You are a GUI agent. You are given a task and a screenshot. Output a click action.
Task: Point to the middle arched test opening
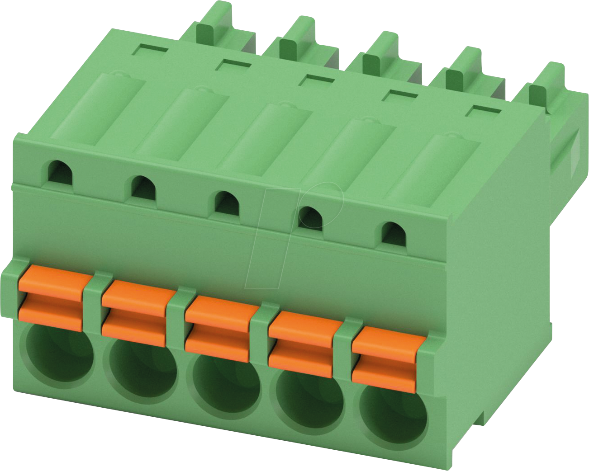pyautogui.click(x=227, y=203)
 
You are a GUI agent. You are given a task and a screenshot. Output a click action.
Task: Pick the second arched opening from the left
pyautogui.click(x=143, y=188)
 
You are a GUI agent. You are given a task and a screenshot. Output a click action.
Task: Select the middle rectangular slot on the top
pyautogui.click(x=317, y=79)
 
